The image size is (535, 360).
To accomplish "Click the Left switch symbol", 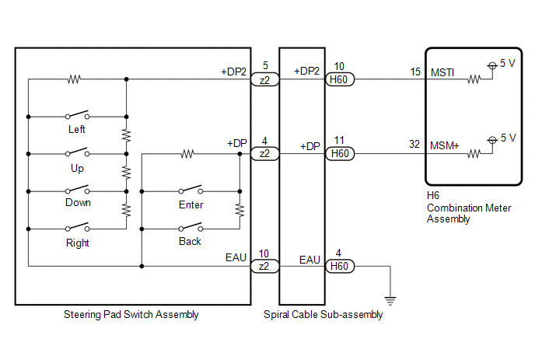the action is coord(78,114).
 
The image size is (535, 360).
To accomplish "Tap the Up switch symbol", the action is coord(78,152).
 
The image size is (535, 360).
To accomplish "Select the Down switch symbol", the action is coord(78,190).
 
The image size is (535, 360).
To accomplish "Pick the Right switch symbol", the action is coord(78,226).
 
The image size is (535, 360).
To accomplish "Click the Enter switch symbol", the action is coord(191,190).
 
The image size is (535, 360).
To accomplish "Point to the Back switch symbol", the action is coord(191,226).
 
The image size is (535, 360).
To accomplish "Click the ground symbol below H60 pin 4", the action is coord(390,301).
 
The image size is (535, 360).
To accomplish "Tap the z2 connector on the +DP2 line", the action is coord(264,79).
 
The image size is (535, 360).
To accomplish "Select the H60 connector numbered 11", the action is coord(340,153).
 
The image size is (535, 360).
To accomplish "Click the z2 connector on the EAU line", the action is coord(264,266).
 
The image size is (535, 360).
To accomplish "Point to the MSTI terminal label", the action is coord(442,72).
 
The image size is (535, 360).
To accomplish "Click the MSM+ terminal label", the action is coord(444,146).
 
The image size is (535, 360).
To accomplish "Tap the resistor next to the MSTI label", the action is coord(474,79).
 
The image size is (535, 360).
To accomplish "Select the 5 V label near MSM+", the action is coord(509,138).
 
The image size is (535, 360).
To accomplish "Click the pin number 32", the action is coord(414,144).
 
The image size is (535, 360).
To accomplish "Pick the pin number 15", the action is coord(415,72).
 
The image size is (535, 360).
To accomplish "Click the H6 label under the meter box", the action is coord(433,195).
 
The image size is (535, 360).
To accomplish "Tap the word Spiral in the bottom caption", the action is coord(276,315).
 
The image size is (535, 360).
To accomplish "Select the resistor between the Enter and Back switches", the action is coord(240,210).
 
